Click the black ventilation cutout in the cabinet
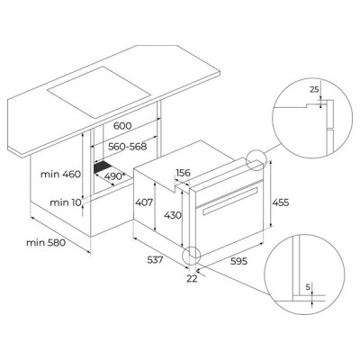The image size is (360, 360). [x=107, y=168]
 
